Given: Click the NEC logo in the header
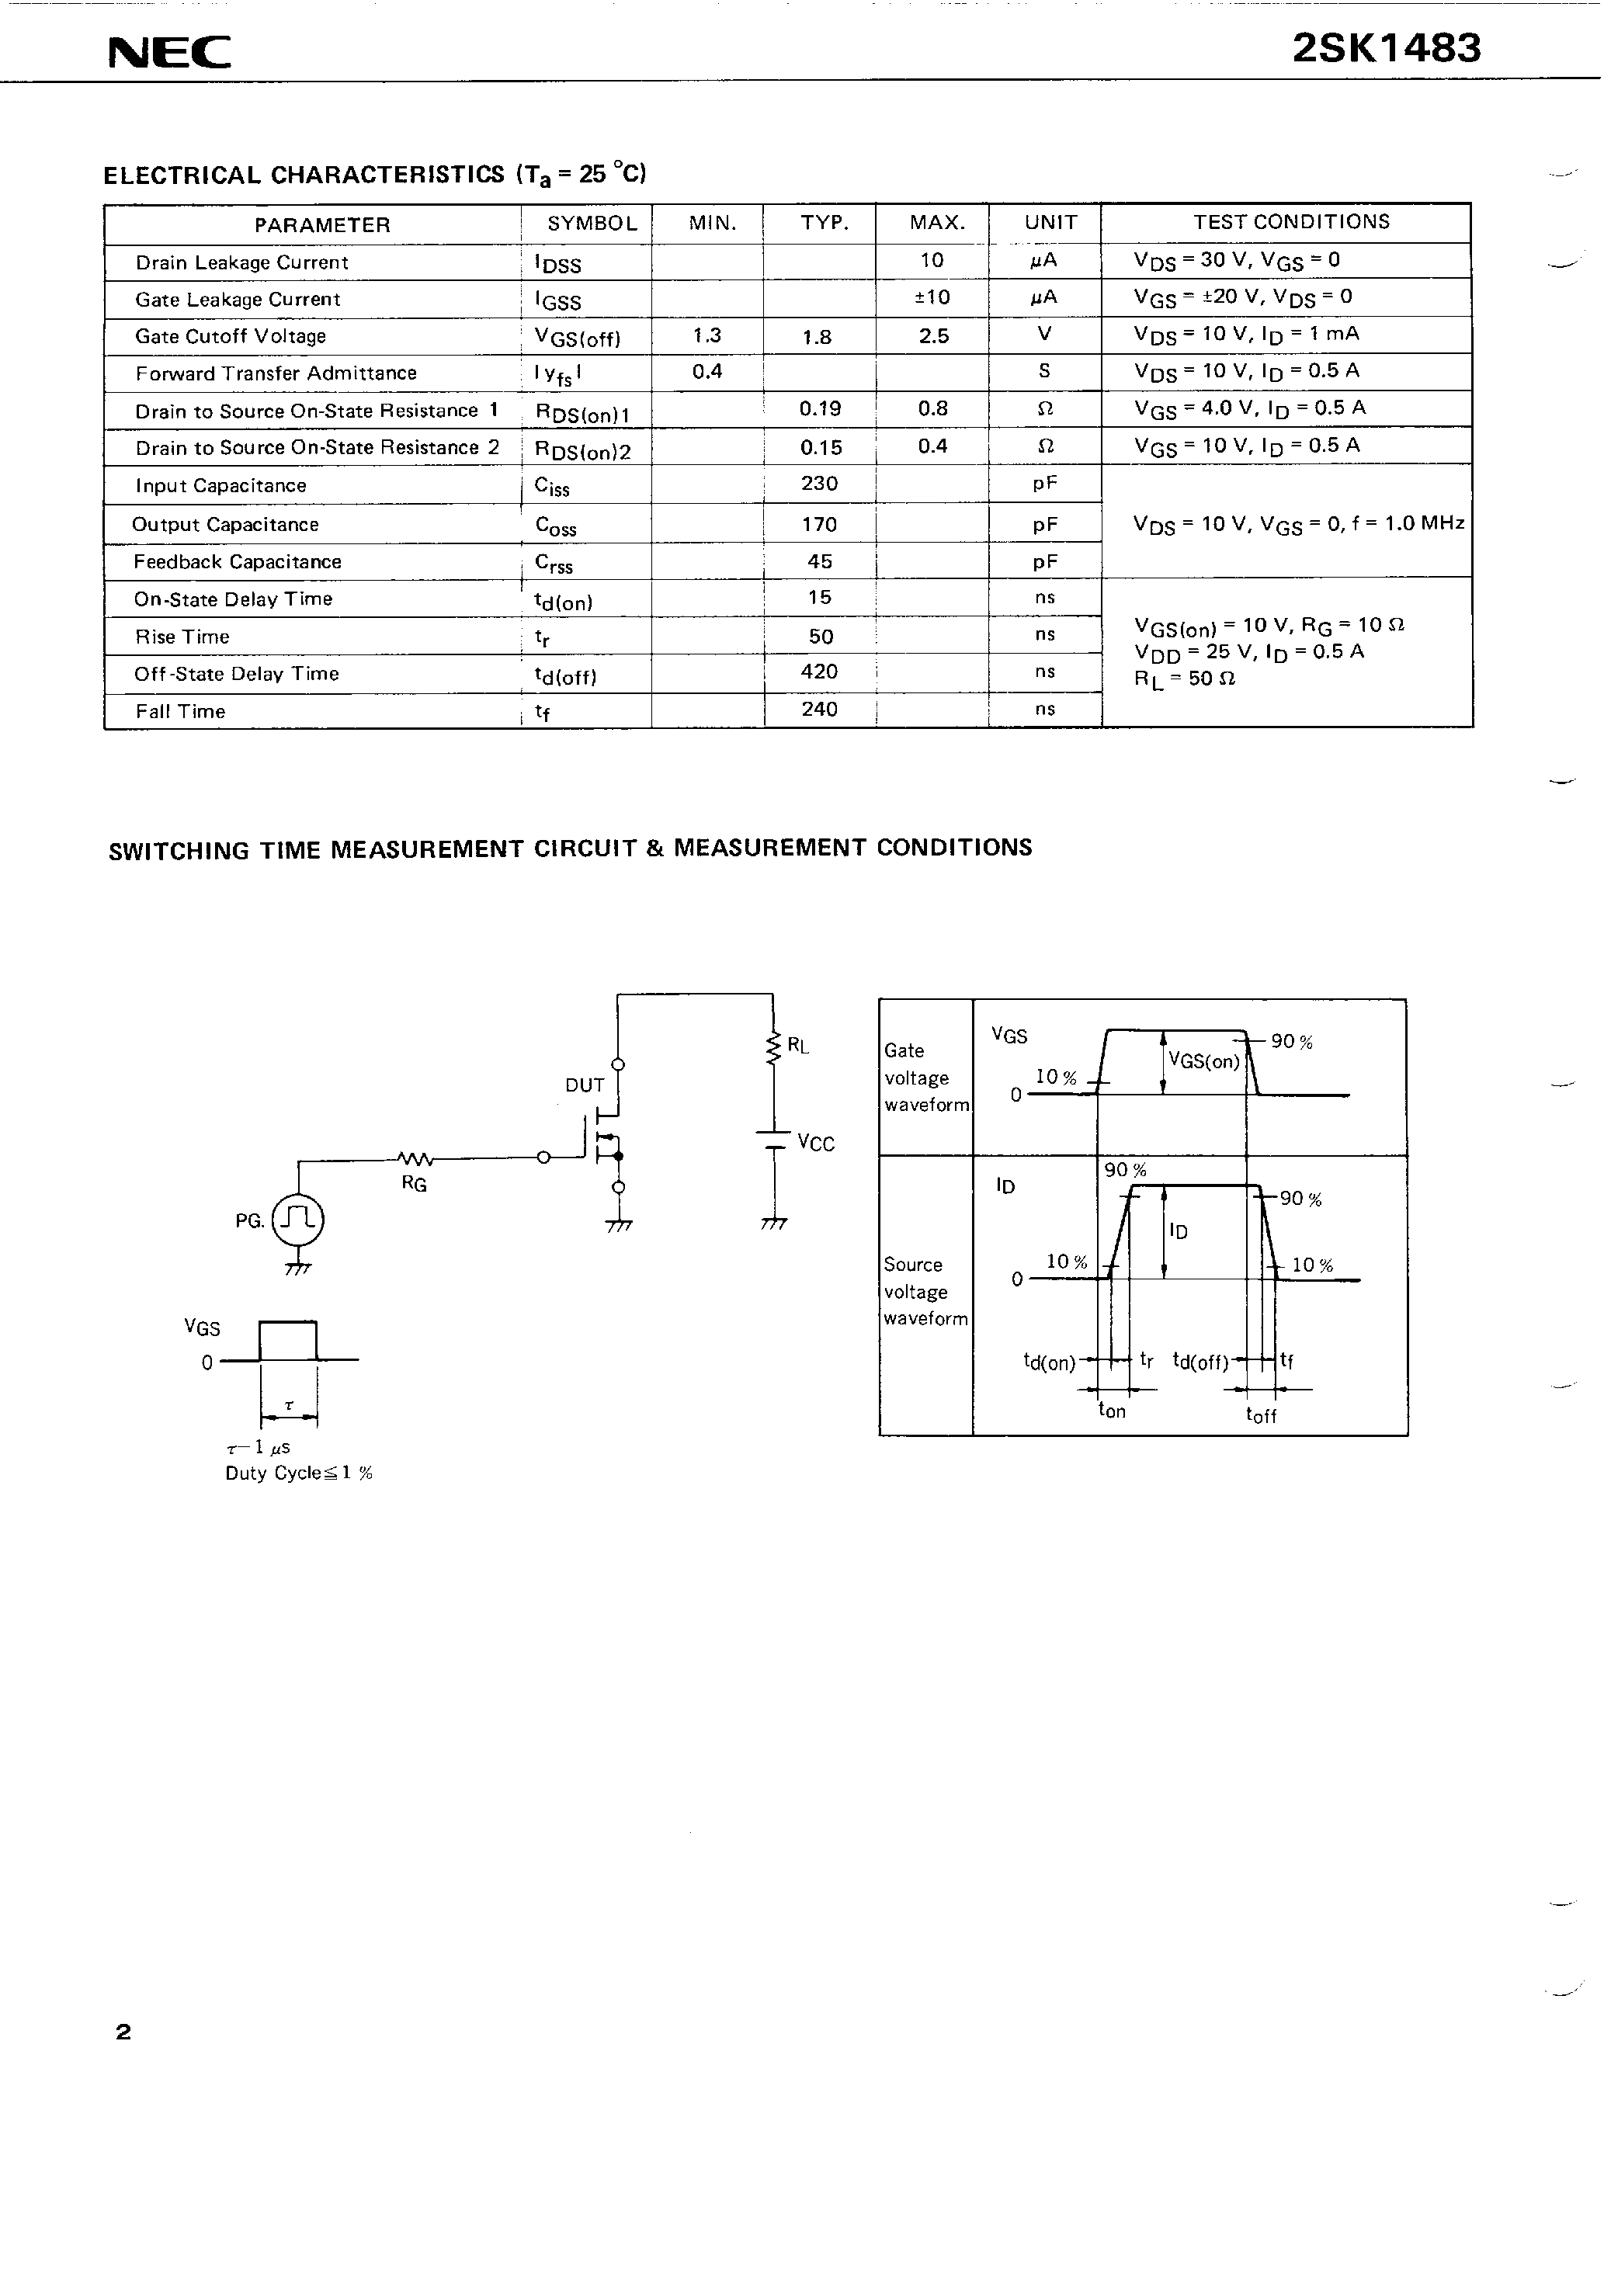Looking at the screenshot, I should tap(169, 52).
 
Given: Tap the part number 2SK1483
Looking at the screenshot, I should tap(1387, 48).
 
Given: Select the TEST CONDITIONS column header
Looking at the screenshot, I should tap(1290, 223).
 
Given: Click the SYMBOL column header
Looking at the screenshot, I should tap(592, 224).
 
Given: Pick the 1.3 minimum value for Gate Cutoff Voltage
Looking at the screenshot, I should tap(707, 335).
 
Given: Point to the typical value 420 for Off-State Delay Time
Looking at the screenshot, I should tap(820, 672).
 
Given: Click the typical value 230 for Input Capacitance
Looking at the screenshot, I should tap(820, 484).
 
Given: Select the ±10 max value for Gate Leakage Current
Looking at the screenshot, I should tap(932, 297).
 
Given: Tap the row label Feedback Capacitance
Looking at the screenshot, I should tap(238, 561).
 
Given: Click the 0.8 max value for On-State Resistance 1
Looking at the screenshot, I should tap(932, 408).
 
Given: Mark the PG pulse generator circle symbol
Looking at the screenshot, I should tap(297, 1220).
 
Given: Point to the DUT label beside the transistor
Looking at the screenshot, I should tap(585, 1085).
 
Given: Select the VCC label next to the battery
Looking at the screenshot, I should tap(816, 1144).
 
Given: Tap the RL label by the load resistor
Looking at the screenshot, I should tap(798, 1046).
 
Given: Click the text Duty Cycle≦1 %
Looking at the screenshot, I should tap(299, 1473).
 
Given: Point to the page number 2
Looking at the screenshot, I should tap(123, 2032).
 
